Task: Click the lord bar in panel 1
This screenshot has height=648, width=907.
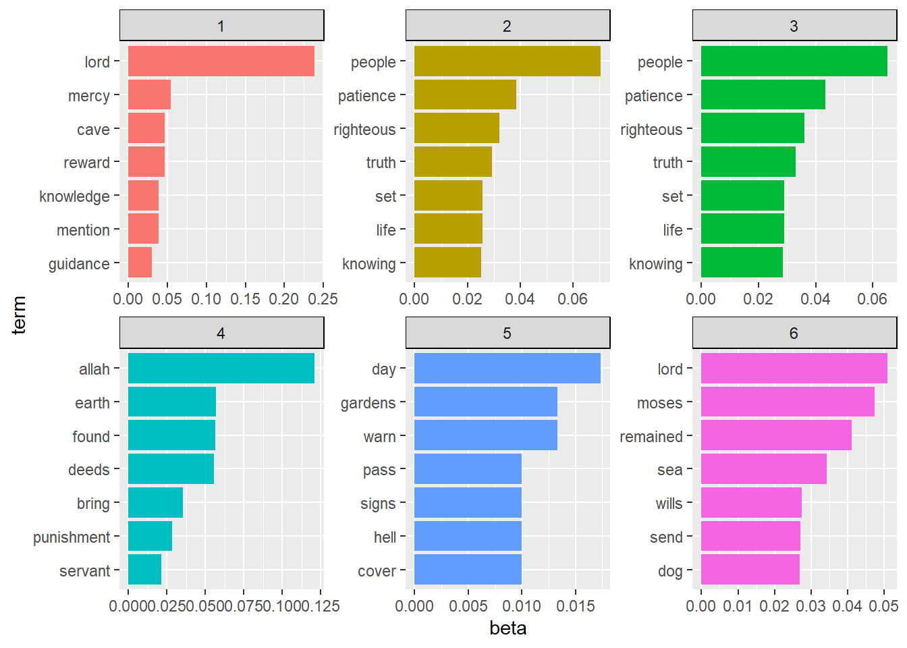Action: [x=221, y=61]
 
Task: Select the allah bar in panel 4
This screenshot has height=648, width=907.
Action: [x=221, y=369]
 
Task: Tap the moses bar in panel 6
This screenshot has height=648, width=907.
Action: [x=787, y=402]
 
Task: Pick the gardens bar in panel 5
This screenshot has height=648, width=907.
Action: [x=485, y=402]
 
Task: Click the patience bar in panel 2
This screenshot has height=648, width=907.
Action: [x=464, y=95]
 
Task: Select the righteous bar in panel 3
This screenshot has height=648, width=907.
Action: [x=752, y=128]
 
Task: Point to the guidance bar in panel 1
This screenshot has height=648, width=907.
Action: [x=140, y=263]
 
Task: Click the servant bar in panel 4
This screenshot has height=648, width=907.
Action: [x=144, y=570]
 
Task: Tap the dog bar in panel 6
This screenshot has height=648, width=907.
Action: [x=750, y=570]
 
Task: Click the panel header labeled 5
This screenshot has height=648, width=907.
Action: [x=507, y=333]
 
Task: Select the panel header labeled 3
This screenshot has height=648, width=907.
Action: [x=794, y=26]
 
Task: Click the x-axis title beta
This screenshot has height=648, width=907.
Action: [x=507, y=628]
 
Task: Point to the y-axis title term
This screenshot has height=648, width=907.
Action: [x=19, y=315]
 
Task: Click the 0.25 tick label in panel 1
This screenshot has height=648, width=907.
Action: [x=323, y=299]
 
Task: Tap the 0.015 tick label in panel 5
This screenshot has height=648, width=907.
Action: [x=576, y=606]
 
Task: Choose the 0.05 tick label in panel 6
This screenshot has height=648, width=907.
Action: [x=883, y=606]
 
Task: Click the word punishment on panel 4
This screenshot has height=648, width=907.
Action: [x=72, y=537]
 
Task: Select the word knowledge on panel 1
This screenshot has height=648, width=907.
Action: [x=74, y=196]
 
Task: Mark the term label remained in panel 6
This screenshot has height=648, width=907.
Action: [x=651, y=437]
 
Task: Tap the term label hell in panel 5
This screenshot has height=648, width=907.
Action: [x=385, y=537]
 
